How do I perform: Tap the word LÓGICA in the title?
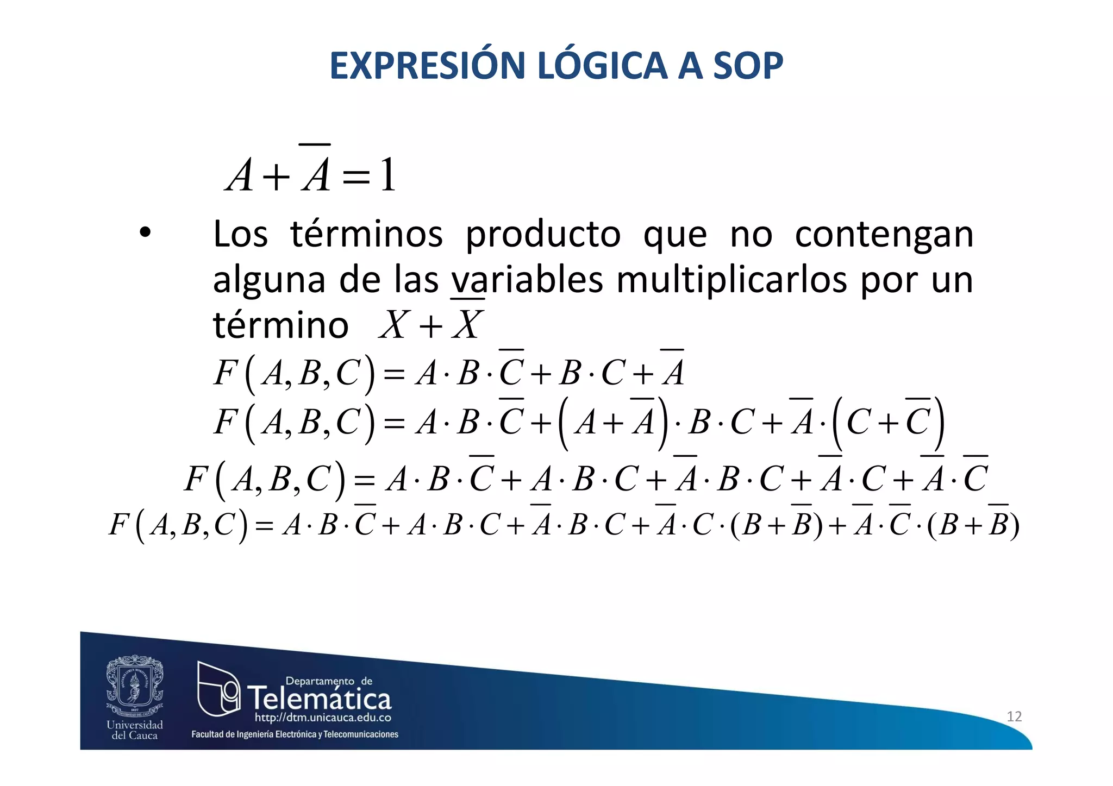tap(602, 66)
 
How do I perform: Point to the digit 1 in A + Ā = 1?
tap(388, 175)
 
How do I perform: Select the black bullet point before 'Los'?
tap(145, 234)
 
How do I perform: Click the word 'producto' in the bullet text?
tap(543, 235)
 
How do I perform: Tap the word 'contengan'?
tap(884, 235)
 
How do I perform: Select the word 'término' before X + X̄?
tap(280, 325)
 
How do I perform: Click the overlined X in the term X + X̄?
tap(467, 325)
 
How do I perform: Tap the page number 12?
tap(1014, 716)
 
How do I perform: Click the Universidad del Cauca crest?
tap(135, 686)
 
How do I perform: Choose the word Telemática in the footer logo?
tap(320, 698)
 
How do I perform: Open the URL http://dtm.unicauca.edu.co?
tap(323, 718)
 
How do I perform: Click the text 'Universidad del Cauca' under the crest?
tap(135, 730)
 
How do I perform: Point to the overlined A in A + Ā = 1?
tap(316, 173)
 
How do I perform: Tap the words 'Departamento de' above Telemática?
tap(329, 681)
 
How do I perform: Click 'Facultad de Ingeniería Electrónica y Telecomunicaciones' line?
tap(295, 734)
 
